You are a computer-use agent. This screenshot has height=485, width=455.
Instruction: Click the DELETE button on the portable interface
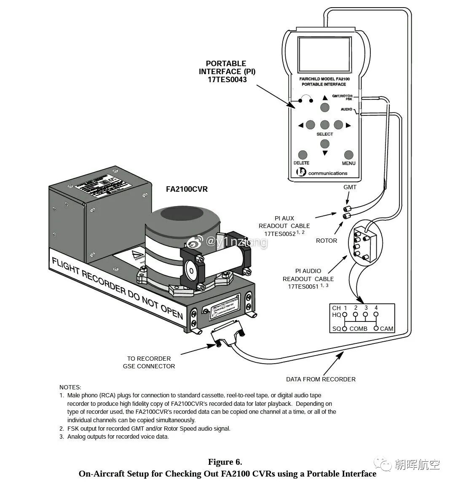(x=302, y=155)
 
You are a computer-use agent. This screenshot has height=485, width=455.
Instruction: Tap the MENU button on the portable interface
(x=348, y=155)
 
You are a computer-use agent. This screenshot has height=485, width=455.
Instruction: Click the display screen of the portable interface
(x=324, y=54)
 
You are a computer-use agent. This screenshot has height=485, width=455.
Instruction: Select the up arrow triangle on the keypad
(x=324, y=98)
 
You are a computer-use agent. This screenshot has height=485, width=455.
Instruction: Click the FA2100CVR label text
(x=187, y=189)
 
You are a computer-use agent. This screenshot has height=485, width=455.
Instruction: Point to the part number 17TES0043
(x=227, y=79)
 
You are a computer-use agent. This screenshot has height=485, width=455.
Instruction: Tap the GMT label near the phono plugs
(x=350, y=187)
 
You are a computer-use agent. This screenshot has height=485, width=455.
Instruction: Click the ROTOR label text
(x=327, y=241)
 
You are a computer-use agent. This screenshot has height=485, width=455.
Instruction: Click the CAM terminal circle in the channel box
(x=376, y=328)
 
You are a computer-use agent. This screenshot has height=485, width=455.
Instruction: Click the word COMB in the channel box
(x=358, y=329)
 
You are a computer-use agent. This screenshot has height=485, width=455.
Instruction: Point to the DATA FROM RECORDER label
(x=321, y=379)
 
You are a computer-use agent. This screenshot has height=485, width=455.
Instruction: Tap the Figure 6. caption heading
(x=225, y=462)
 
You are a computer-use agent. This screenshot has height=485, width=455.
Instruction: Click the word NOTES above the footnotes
(x=70, y=387)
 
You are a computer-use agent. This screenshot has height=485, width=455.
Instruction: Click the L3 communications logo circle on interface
(x=302, y=172)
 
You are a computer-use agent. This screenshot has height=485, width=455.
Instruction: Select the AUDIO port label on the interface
(x=346, y=110)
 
